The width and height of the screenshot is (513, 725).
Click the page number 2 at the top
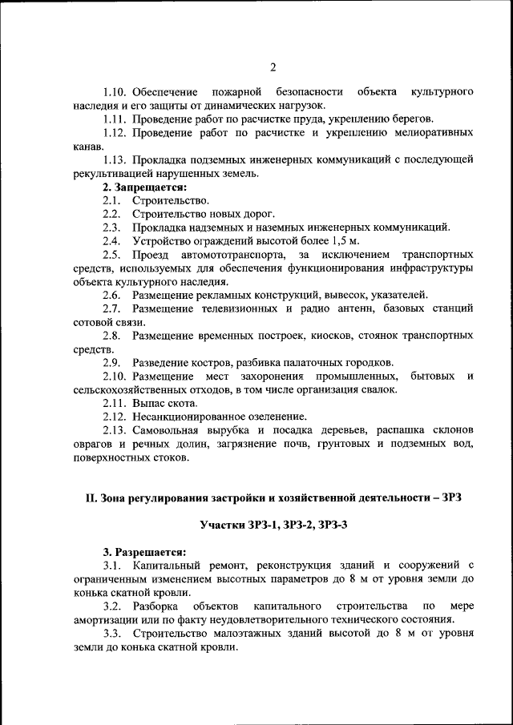point(273,66)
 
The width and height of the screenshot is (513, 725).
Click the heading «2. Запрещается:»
point(143,187)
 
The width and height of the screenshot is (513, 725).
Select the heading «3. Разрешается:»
point(143,552)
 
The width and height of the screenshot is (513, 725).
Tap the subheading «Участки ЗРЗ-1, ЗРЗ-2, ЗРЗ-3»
point(273,524)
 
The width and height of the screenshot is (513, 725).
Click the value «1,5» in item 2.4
point(337,240)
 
